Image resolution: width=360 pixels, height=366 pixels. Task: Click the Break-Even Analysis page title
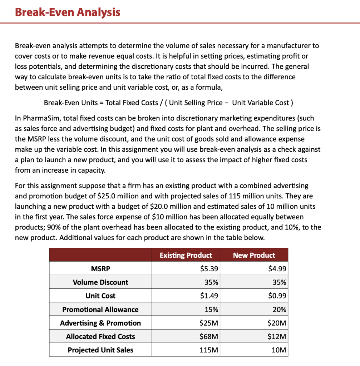(x=68, y=12)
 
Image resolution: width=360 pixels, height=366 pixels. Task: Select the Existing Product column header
(x=186, y=255)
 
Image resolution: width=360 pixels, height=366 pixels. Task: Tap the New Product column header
(x=254, y=255)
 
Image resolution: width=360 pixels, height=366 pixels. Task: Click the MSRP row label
(x=100, y=269)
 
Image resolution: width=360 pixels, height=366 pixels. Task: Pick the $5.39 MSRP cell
(x=209, y=269)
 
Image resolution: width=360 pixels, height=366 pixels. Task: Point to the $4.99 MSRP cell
(x=277, y=269)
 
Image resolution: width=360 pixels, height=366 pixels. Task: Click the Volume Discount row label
(x=100, y=282)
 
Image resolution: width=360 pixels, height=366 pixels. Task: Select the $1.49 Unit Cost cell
(x=209, y=296)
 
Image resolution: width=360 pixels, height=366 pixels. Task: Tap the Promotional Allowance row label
(x=100, y=310)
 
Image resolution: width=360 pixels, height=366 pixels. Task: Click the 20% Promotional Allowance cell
(x=279, y=310)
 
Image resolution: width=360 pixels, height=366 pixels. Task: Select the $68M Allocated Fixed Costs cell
(x=209, y=337)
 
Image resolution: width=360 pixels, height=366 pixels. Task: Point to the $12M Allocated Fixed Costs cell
(x=277, y=337)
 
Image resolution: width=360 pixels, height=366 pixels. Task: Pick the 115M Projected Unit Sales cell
(x=209, y=350)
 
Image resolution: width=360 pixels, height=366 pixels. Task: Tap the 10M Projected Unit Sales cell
(x=279, y=350)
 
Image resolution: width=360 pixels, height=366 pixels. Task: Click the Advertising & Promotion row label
(x=100, y=323)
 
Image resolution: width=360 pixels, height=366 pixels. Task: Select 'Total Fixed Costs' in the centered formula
(x=132, y=103)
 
